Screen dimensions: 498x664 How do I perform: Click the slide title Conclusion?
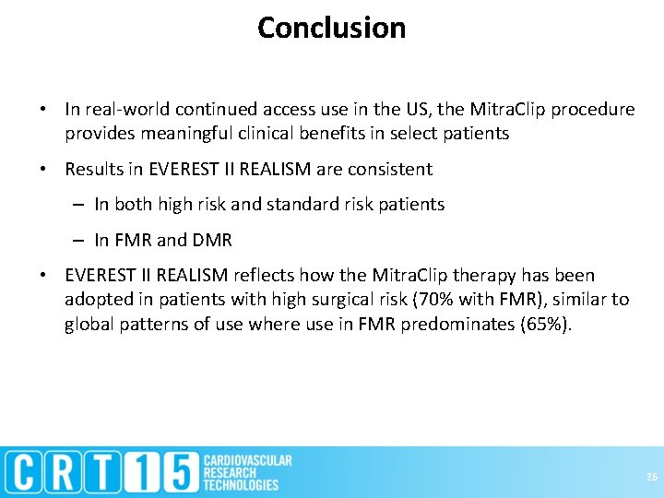331,28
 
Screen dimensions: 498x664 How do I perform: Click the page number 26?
651,477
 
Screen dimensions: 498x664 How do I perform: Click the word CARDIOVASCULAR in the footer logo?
247,460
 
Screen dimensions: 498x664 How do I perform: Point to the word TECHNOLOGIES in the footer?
241,485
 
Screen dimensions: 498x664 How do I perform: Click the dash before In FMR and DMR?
81,241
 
